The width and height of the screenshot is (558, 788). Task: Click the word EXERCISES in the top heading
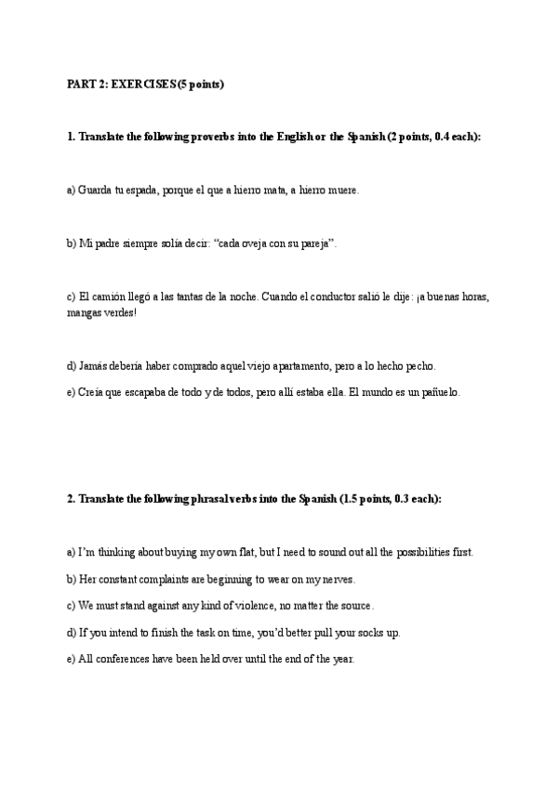[142, 85]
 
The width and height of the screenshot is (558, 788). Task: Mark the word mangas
[83, 312]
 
